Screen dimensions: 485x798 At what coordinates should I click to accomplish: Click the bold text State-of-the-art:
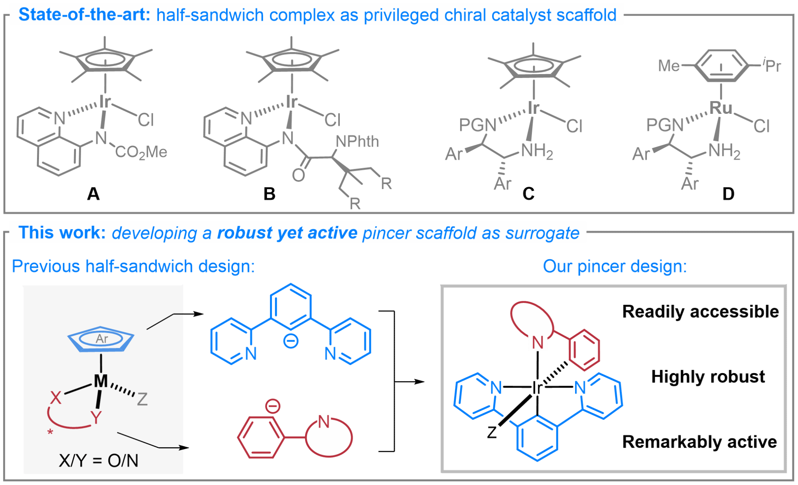(x=84, y=15)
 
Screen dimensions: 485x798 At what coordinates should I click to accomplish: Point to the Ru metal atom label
(x=721, y=108)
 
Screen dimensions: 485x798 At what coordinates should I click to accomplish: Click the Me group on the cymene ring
(x=669, y=65)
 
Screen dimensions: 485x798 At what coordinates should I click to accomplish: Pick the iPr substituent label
(x=772, y=65)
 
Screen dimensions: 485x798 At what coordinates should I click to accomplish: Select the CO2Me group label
(x=141, y=152)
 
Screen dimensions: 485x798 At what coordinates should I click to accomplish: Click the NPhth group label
(x=357, y=142)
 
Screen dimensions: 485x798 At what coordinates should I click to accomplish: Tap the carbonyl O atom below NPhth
(x=298, y=175)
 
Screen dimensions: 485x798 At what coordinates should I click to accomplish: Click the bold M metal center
(x=101, y=381)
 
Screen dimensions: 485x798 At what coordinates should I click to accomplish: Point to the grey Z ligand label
(x=142, y=399)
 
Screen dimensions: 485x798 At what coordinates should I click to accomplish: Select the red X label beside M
(x=56, y=398)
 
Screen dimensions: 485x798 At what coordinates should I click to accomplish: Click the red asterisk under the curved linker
(x=50, y=432)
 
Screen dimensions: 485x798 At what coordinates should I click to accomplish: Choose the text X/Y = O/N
(x=99, y=461)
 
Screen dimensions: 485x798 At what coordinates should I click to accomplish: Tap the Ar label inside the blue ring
(x=102, y=339)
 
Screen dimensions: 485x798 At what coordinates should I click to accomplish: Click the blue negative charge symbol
(x=291, y=342)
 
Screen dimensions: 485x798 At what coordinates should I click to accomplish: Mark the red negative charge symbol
(x=273, y=406)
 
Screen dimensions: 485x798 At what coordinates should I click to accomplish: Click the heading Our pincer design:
(x=614, y=266)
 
